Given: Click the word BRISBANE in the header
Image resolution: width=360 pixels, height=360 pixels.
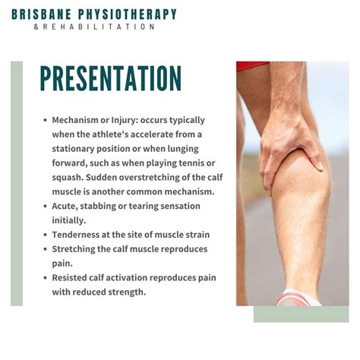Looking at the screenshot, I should (57, 14).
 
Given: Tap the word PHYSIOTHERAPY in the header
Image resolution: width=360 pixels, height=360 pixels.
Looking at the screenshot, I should (132, 14).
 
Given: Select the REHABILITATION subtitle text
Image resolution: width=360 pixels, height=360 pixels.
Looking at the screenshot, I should (100, 27).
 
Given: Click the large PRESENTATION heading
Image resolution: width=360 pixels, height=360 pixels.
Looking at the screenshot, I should (111, 79).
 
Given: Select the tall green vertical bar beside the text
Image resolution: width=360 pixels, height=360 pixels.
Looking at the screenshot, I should (17, 183).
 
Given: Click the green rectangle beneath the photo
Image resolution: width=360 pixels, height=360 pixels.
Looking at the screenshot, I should (301, 314).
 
